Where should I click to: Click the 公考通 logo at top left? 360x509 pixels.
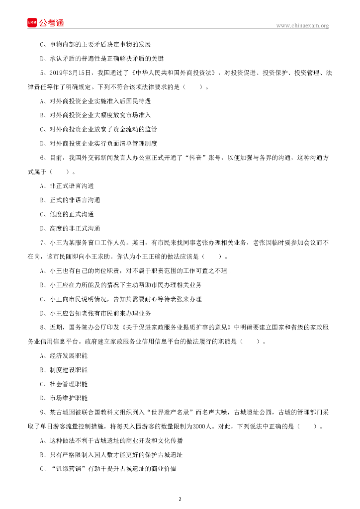click(x=46, y=23)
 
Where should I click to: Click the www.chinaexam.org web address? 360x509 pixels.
click(x=302, y=25)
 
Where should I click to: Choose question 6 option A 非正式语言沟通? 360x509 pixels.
click(x=67, y=186)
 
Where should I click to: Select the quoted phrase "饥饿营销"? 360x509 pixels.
click(x=69, y=468)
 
